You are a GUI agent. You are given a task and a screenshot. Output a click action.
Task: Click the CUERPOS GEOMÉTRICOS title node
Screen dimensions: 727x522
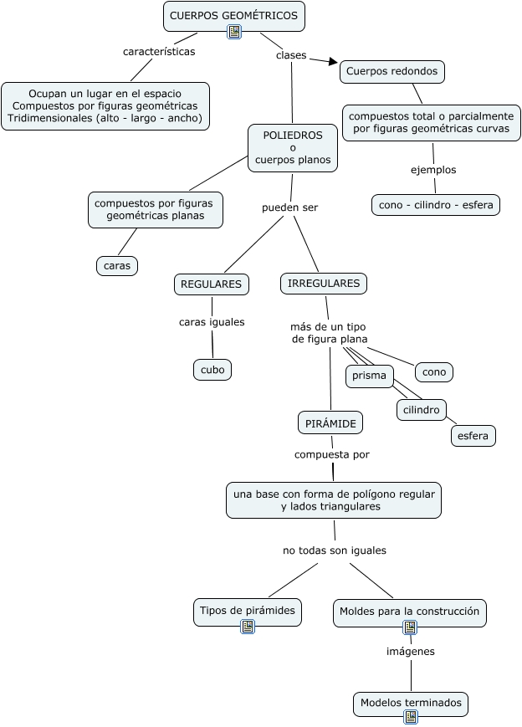click(x=233, y=15)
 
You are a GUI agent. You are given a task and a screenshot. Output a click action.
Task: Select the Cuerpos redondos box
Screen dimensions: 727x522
click(x=391, y=72)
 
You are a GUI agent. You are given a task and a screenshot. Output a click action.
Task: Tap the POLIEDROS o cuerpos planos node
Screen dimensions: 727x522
click(x=293, y=147)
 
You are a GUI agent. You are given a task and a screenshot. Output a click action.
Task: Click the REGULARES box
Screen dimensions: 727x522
click(x=212, y=284)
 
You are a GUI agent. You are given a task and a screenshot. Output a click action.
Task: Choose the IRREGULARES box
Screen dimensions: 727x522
click(x=324, y=284)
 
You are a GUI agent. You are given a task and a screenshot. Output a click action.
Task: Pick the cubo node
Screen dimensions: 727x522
click(x=212, y=369)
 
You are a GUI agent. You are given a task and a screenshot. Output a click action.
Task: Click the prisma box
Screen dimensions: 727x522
click(x=369, y=376)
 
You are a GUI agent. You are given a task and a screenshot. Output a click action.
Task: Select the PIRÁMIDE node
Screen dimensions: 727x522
click(x=330, y=423)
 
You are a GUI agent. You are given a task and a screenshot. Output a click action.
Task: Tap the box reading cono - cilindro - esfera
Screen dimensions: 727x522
click(x=435, y=204)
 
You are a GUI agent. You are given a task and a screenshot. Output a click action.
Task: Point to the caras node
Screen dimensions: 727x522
click(x=117, y=265)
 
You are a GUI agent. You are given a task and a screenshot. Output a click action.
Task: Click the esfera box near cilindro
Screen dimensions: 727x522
click(x=473, y=436)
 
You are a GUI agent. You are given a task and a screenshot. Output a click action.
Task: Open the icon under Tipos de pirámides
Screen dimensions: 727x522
click(x=247, y=627)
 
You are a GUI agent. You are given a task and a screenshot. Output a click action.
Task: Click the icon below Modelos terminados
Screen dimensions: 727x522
click(x=410, y=717)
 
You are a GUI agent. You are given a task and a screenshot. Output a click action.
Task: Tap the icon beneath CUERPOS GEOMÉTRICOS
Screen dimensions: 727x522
click(x=234, y=32)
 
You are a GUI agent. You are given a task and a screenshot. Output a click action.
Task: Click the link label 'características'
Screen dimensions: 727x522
click(x=159, y=52)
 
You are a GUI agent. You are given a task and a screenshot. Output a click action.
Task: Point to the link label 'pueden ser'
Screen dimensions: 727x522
click(x=290, y=207)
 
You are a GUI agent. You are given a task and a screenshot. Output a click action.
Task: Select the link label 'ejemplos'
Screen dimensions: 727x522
click(x=433, y=170)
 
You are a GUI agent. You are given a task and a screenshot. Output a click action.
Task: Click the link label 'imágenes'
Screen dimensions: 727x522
click(x=410, y=651)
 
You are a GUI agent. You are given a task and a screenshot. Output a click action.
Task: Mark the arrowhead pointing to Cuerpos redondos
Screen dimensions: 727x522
click(x=334, y=62)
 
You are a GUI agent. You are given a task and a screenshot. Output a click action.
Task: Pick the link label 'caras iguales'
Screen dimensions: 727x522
click(x=212, y=322)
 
